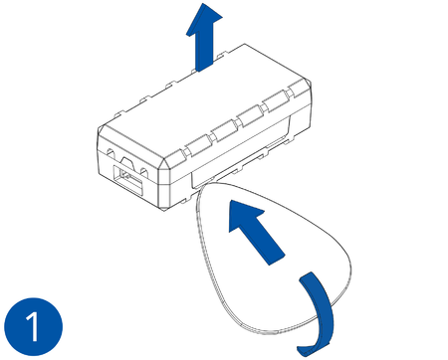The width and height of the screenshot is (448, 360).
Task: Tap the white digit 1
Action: pyautogui.click(x=32, y=325)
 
